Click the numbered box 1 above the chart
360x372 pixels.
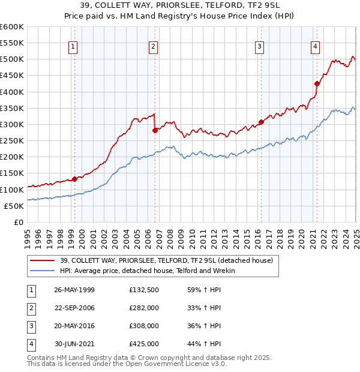73,46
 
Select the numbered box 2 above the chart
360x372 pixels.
153,46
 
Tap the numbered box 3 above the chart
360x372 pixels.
259,46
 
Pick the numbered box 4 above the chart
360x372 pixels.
315,46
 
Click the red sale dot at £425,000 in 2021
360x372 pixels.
317,84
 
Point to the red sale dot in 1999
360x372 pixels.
75,179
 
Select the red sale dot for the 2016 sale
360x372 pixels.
261,122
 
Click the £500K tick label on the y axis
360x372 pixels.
12,59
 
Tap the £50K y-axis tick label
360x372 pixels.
14,206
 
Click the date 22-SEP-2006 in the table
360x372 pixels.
74,308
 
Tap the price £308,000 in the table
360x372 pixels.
144,326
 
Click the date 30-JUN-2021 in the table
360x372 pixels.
74,344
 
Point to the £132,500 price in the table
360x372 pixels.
144,290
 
